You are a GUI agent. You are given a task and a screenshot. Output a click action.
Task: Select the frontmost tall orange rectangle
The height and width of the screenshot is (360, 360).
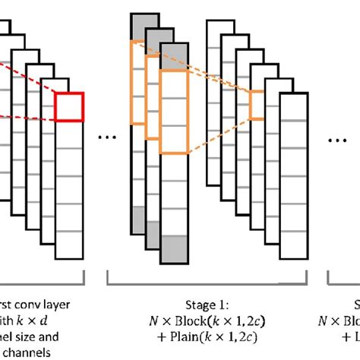coord(172,112)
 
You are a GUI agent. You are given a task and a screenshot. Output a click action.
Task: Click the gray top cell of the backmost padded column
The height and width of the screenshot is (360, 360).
coord(139,26)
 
